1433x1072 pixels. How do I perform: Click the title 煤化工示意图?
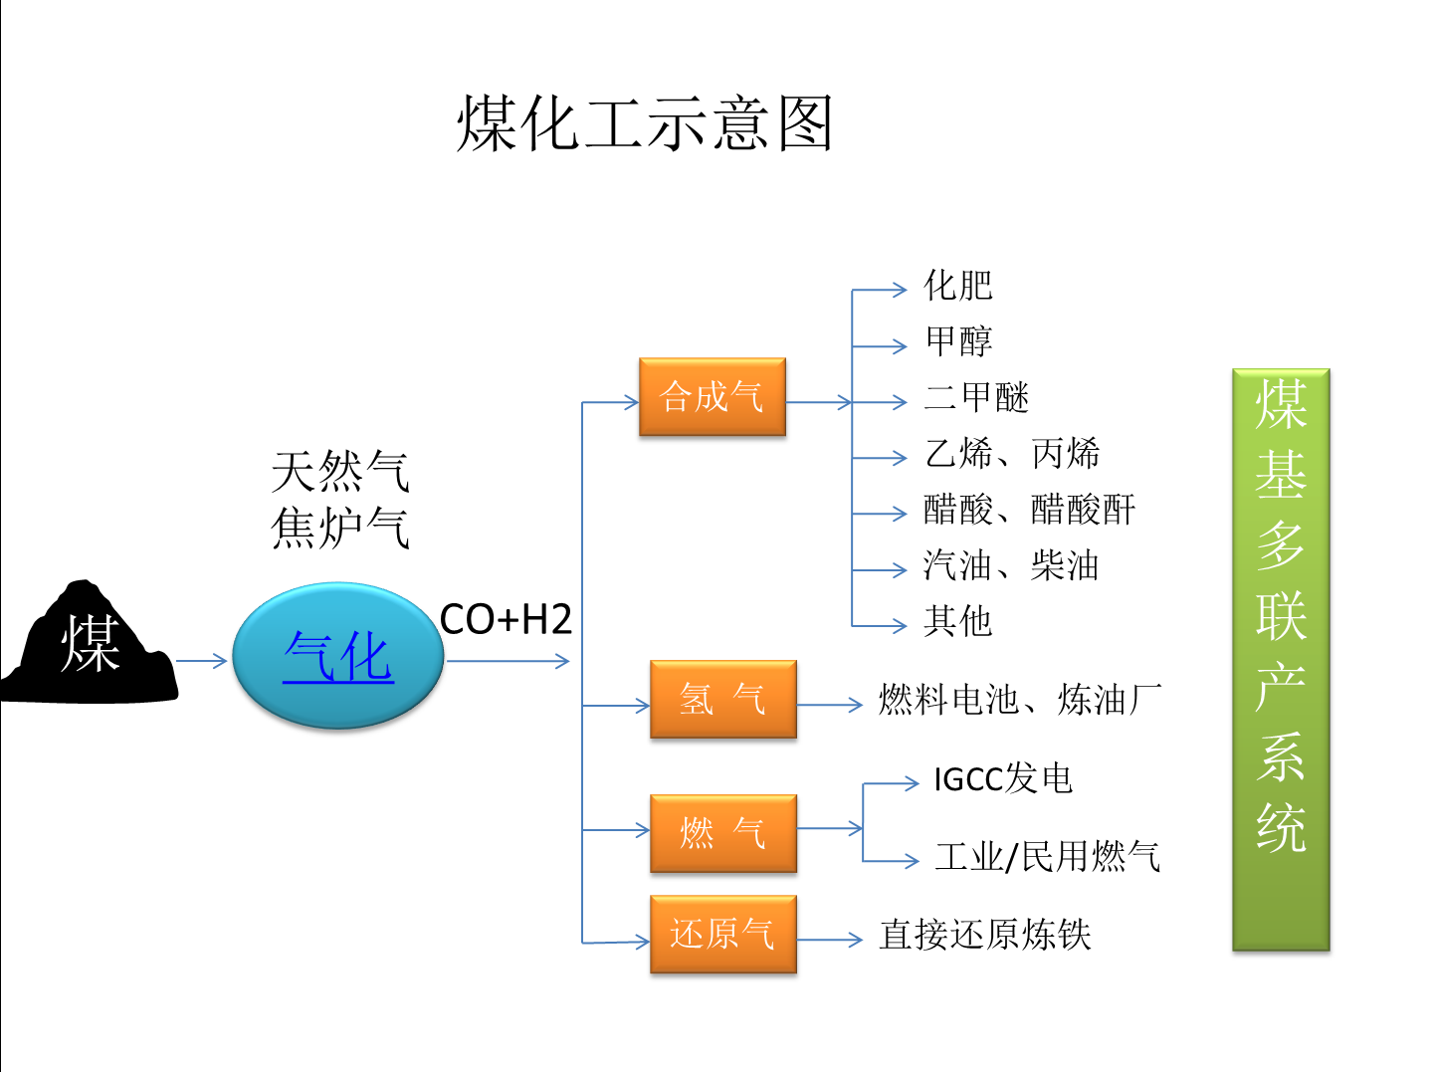(x=645, y=123)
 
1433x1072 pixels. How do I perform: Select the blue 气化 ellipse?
(x=338, y=656)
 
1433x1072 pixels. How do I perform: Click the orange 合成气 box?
(x=712, y=397)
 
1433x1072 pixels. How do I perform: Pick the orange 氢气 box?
(x=722, y=699)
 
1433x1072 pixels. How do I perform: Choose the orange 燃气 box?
(x=722, y=833)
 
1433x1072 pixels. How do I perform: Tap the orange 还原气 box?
(x=722, y=934)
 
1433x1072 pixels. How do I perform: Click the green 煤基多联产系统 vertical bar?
(x=1281, y=659)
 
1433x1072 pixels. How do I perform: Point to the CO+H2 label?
(x=506, y=620)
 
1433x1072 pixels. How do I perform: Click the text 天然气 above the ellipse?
(x=340, y=471)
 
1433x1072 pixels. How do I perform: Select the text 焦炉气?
(x=340, y=527)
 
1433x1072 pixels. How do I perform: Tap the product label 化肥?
(x=958, y=286)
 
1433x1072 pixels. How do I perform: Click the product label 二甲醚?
(x=976, y=398)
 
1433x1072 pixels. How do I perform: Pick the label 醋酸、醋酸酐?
(x=1029, y=510)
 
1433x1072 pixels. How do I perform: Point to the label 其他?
(x=958, y=621)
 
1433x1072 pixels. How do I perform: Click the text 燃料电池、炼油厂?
(x=1020, y=700)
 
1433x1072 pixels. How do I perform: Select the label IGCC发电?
(x=1003, y=778)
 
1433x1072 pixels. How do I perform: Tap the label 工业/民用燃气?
(x=1047, y=856)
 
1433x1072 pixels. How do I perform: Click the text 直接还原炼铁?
(x=985, y=935)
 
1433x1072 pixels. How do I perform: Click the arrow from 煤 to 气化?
(x=202, y=661)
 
